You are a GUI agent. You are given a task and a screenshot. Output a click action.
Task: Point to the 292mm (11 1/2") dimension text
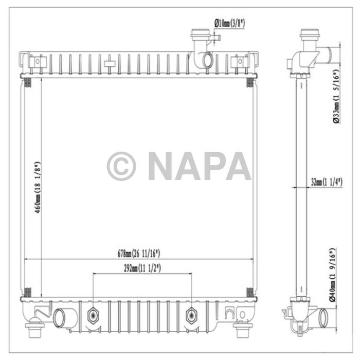pyautogui.click(x=143, y=268)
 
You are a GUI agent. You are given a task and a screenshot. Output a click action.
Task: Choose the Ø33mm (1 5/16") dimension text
pyautogui.click(x=335, y=97)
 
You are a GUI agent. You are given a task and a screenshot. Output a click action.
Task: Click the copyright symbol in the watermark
pyautogui.click(x=121, y=166)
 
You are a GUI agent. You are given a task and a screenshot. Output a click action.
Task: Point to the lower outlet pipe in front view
pyautogui.click(x=64, y=314)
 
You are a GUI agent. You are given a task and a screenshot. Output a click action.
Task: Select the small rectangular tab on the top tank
pyautogui.click(x=110, y=64)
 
